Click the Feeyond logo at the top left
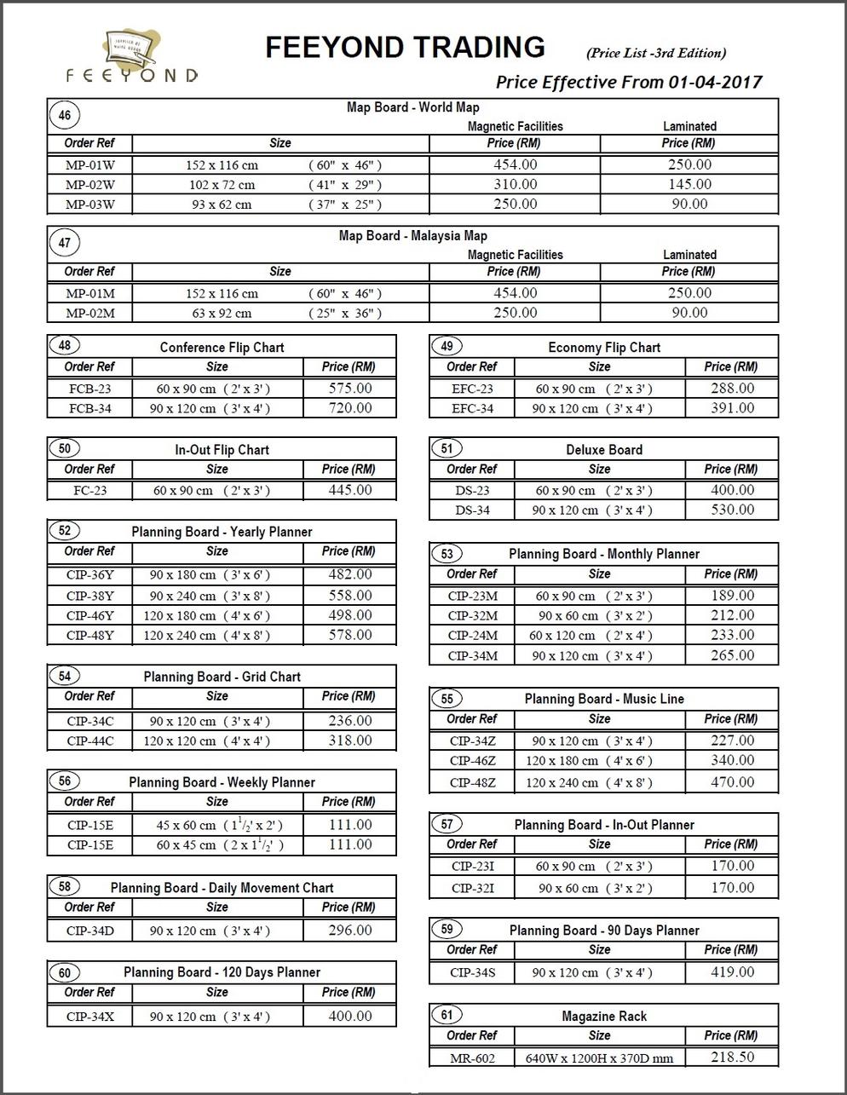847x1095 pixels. pyautogui.click(x=133, y=57)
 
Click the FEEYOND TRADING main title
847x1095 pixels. pyautogui.click(x=405, y=47)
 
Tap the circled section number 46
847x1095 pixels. pyautogui.click(x=65, y=115)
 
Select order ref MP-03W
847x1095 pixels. pyautogui.click(x=89, y=205)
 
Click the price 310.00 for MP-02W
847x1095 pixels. pyautogui.click(x=515, y=184)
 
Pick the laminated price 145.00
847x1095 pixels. pyautogui.click(x=689, y=184)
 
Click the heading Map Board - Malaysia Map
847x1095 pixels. pyautogui.click(x=412, y=236)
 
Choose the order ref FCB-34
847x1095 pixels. pyautogui.click(x=89, y=408)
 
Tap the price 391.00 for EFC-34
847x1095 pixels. pyautogui.click(x=732, y=408)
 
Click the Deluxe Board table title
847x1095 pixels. pyautogui.click(x=604, y=450)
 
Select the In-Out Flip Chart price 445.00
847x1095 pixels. pyautogui.click(x=350, y=490)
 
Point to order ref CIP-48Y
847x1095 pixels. pyautogui.click(x=89, y=635)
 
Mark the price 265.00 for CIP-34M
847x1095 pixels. pyautogui.click(x=732, y=655)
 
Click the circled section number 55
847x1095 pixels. pyautogui.click(x=447, y=700)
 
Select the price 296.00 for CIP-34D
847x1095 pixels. pyautogui.click(x=350, y=931)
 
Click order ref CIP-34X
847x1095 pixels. pyautogui.click(x=89, y=1016)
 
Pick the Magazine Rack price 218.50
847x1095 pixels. pyautogui.click(x=732, y=1057)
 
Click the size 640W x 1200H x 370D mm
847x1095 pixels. pyautogui.click(x=599, y=1058)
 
